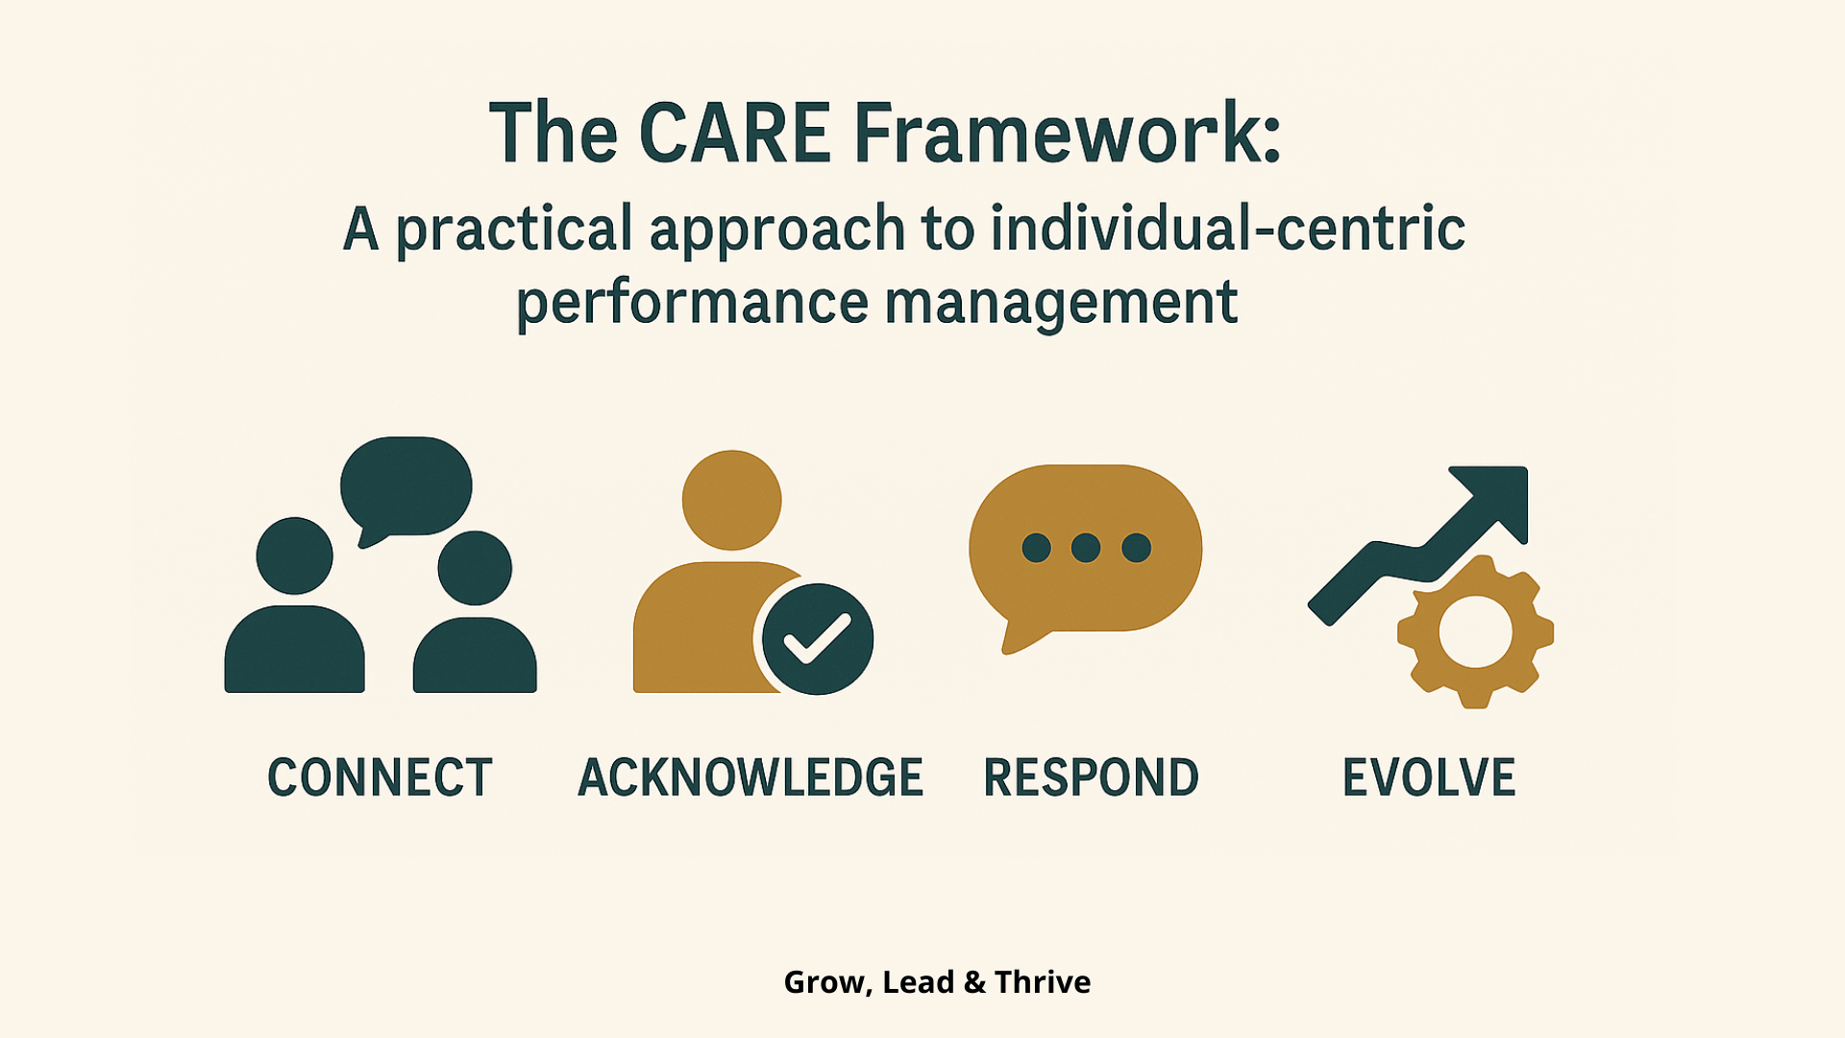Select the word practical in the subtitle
pos(515,231)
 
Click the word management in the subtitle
pos(1061,304)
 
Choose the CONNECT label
pos(380,778)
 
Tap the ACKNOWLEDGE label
pos(750,778)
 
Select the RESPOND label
pos(1092,778)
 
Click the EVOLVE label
pos(1429,778)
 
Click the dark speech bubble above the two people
pos(406,486)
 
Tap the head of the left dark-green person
pos(295,556)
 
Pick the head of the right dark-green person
pos(475,568)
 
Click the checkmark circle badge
pos(818,639)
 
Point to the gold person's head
pos(732,500)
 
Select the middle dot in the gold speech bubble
pos(1086,548)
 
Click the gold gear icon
pos(1476,632)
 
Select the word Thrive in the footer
pos(1043,982)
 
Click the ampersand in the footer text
pos(974,982)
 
